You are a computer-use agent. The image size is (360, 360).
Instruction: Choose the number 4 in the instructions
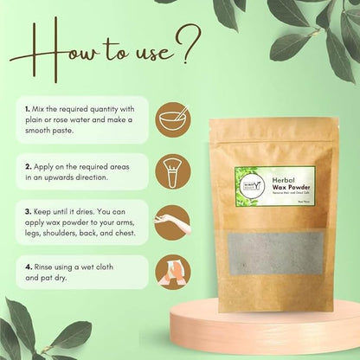point(28,267)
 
